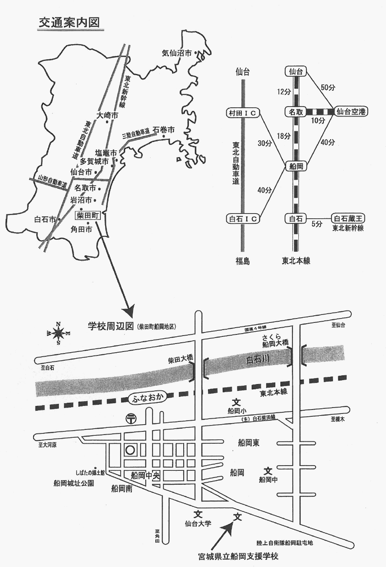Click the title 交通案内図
coord(69,22)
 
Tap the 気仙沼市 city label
coord(177,53)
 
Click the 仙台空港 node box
coord(351,112)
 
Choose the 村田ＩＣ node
coord(243,113)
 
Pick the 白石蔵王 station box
coord(349,218)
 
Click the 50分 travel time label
coord(327,87)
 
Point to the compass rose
coord(58,332)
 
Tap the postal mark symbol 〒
coord(131,419)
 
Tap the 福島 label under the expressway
coord(242,261)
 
